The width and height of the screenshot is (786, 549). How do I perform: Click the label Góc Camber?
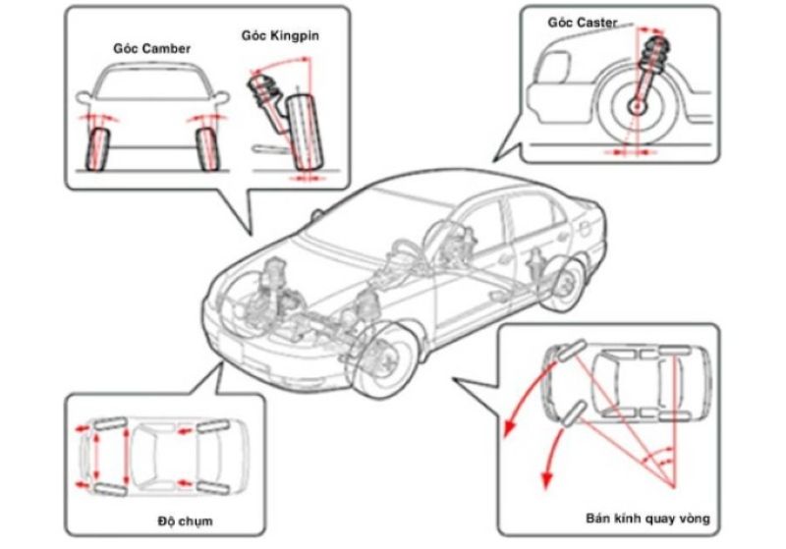(x=151, y=47)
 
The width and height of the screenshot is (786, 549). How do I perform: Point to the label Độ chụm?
(x=184, y=518)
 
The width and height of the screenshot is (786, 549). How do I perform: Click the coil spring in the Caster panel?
(x=651, y=53)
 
